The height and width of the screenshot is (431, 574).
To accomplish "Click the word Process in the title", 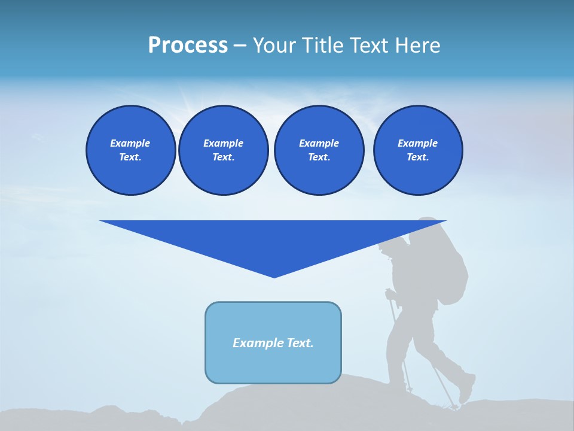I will click(188, 45).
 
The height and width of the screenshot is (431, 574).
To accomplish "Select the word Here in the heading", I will click(418, 45).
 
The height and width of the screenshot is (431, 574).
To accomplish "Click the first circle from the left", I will click(130, 150).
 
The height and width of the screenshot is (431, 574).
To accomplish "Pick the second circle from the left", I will click(223, 150).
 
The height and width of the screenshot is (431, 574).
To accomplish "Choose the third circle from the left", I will click(319, 150).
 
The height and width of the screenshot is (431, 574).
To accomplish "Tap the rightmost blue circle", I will click(417, 150).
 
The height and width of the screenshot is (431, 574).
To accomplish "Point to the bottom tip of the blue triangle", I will click(274, 277).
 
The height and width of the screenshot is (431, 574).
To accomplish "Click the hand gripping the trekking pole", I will click(390, 294).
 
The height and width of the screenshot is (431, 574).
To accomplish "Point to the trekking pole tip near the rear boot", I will click(454, 407).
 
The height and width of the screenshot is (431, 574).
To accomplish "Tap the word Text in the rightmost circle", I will click(417, 157).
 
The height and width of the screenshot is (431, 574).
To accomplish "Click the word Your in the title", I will click(273, 45).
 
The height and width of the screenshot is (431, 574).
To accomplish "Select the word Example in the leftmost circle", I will click(130, 143).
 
